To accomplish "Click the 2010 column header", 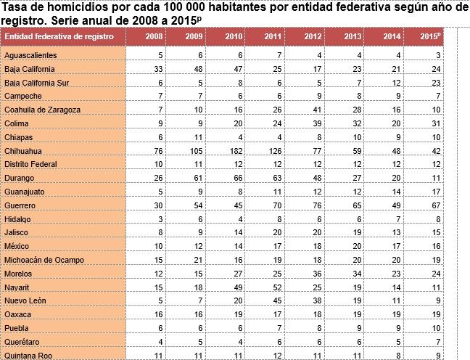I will tap(232, 36).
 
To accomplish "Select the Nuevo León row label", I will tap(25, 300).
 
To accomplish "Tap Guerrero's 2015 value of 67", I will tap(435, 205).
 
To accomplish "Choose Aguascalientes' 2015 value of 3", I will tap(437, 55).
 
